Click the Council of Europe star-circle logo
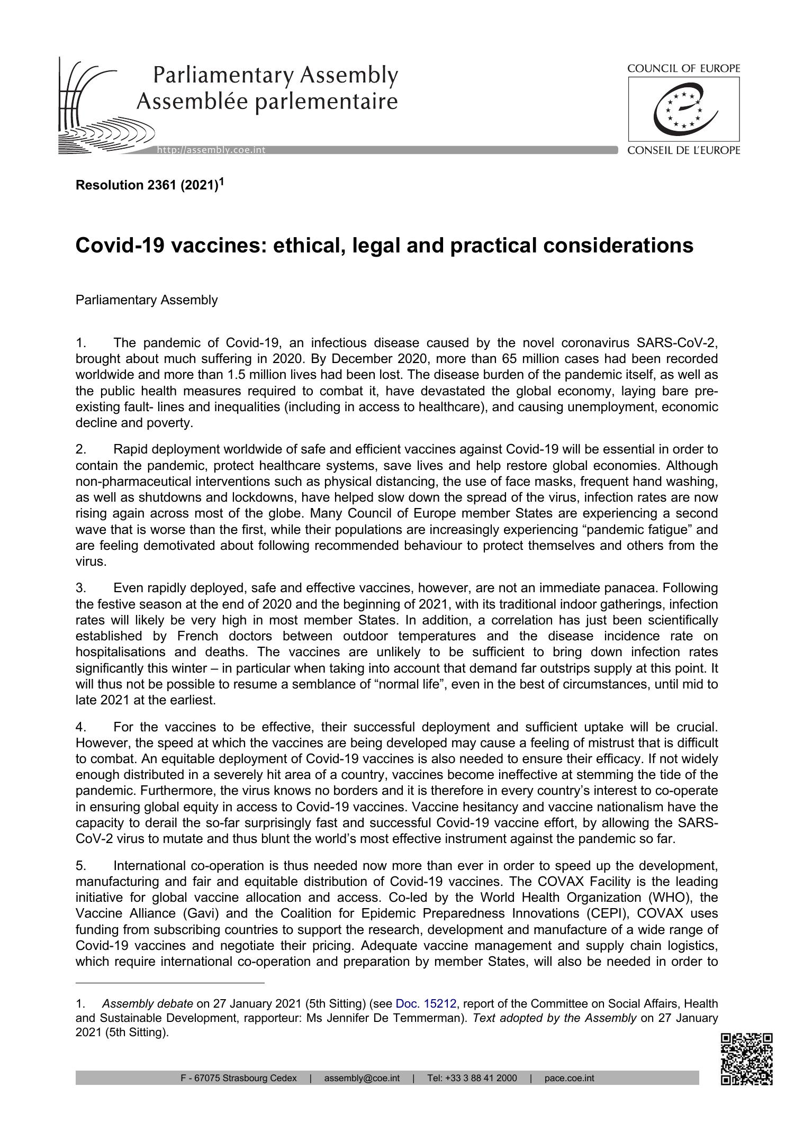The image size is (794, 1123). point(684,109)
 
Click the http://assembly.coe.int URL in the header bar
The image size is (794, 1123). point(211,150)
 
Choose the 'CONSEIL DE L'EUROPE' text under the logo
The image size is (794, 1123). point(683,150)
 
